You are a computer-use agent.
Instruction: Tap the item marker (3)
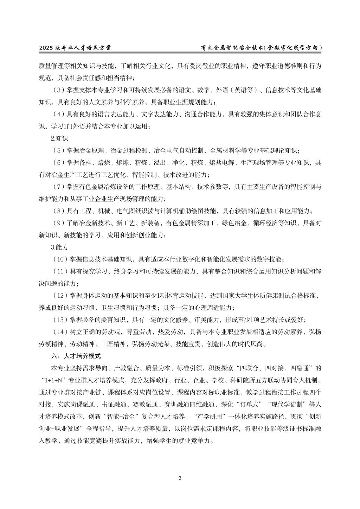pyautogui.click(x=58, y=90)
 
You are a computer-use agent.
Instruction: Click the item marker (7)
pyautogui.click(x=58, y=187)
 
